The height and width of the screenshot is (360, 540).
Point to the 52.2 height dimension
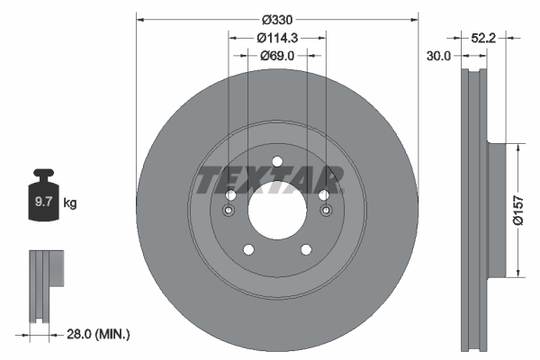(485, 38)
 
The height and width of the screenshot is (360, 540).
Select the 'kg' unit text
(70, 203)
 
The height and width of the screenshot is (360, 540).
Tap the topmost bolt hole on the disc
(277, 162)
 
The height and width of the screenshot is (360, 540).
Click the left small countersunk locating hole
(228, 212)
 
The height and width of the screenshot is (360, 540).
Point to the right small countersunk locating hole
(326, 212)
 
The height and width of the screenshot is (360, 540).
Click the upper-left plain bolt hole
(231, 197)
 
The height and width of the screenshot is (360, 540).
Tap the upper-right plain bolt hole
(323, 197)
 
